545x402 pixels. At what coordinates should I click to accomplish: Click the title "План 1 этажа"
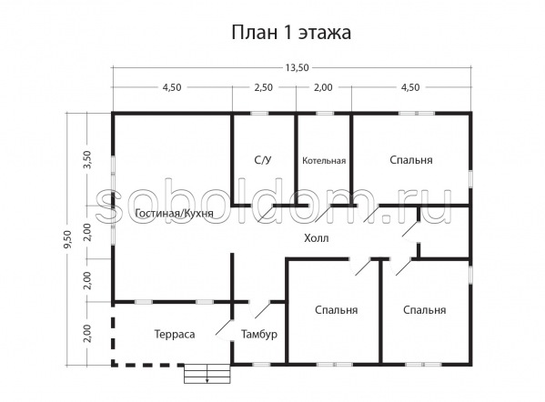pyautogui.click(x=291, y=33)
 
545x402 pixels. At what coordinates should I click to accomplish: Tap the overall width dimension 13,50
pyautogui.click(x=297, y=67)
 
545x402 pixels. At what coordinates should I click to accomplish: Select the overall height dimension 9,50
pyautogui.click(x=67, y=239)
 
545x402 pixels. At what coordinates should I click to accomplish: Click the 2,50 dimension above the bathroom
pyautogui.click(x=264, y=87)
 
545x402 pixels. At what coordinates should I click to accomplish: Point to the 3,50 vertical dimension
pyautogui.click(x=87, y=159)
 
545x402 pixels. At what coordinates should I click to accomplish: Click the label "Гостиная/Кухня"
pyautogui.click(x=174, y=214)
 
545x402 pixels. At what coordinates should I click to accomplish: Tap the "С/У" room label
pyautogui.click(x=263, y=160)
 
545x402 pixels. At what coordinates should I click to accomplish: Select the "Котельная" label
pyautogui.click(x=324, y=160)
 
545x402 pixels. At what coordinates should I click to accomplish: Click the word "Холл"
pyautogui.click(x=317, y=238)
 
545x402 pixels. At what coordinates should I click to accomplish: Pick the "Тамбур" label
pyautogui.click(x=259, y=335)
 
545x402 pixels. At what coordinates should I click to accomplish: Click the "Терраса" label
pyautogui.click(x=175, y=335)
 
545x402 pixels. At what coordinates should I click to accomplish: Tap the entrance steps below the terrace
pyautogui.click(x=207, y=374)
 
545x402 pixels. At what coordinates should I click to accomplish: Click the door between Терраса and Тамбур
pyautogui.click(x=224, y=327)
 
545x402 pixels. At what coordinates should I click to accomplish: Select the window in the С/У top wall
pyautogui.click(x=259, y=114)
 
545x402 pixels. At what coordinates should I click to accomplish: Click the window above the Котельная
pyautogui.click(x=325, y=114)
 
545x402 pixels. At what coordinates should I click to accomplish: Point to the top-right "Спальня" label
pyautogui.click(x=411, y=160)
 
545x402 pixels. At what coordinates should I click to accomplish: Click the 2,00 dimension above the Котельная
pyautogui.click(x=323, y=87)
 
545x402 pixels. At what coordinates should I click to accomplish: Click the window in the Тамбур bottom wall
pyautogui.click(x=261, y=365)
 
